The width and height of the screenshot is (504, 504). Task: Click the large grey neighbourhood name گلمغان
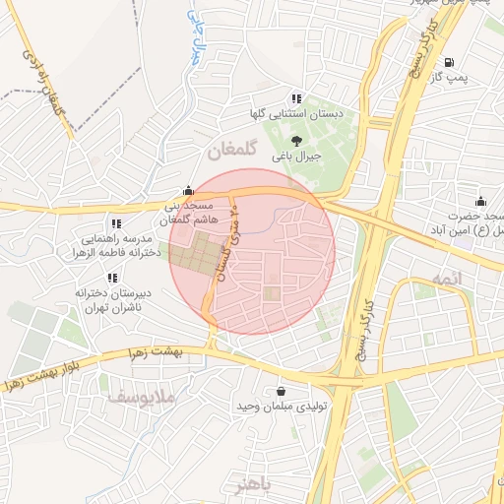[x=233, y=154]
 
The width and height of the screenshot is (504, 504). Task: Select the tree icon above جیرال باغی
[x=297, y=140]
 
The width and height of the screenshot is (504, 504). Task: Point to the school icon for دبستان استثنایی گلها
[x=296, y=97]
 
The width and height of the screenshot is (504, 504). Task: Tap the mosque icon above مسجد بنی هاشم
[x=188, y=192]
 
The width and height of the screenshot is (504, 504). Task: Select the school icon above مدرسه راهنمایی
[x=116, y=223]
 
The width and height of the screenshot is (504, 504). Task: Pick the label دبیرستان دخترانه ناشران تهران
[x=104, y=300]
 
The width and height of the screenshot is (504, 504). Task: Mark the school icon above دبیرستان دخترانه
[x=112, y=278]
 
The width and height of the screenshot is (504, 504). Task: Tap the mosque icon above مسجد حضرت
[x=480, y=201]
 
